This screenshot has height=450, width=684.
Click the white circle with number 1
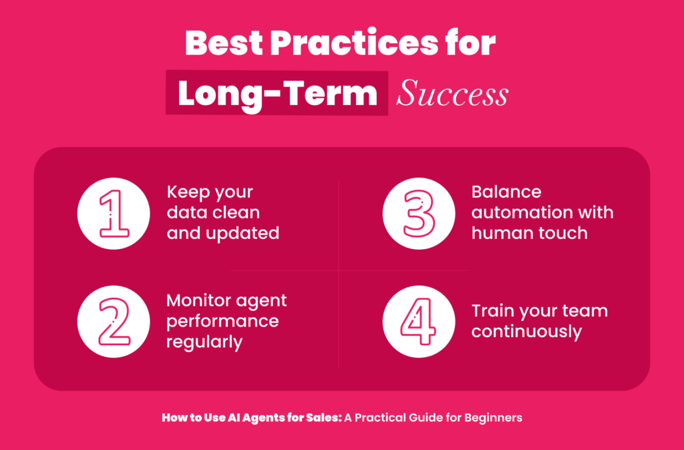(x=114, y=214)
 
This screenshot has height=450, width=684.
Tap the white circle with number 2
(x=114, y=322)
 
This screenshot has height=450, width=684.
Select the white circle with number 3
(x=419, y=214)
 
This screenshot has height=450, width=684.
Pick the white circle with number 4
(x=419, y=322)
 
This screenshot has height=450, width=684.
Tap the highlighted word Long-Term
(x=277, y=93)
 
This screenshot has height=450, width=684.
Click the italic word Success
(x=452, y=93)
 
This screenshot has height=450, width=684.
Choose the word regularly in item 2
(x=204, y=343)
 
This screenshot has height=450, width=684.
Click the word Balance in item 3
(x=506, y=192)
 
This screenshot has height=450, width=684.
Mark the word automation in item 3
(x=518, y=213)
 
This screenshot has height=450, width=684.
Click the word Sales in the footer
(x=327, y=418)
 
